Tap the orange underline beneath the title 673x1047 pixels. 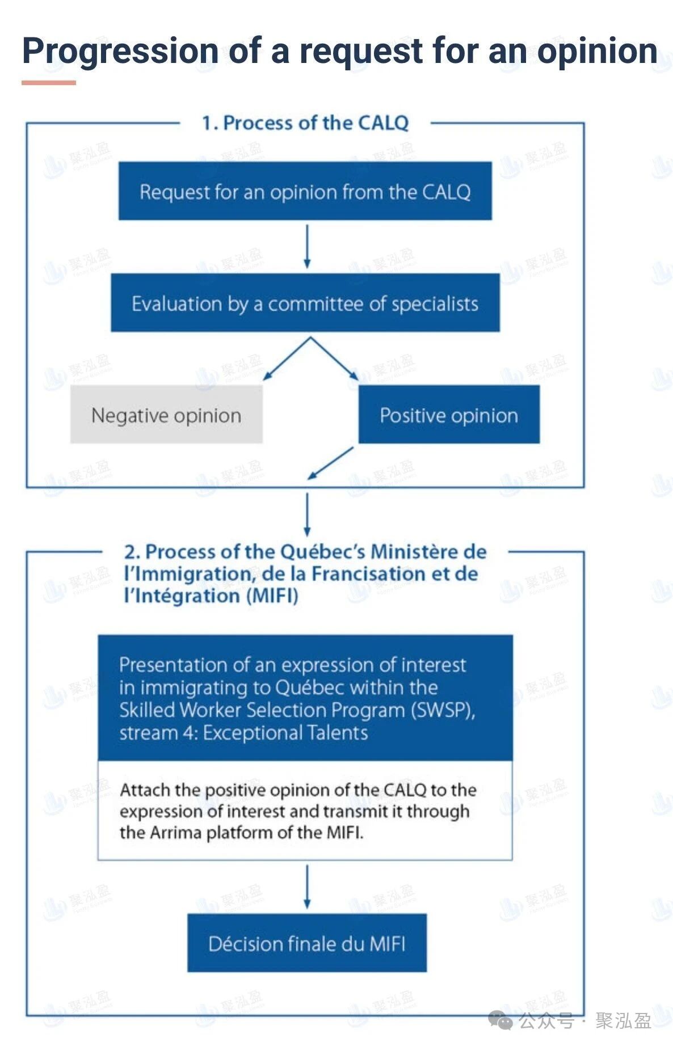click(x=48, y=83)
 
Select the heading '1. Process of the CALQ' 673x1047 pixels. click(x=305, y=123)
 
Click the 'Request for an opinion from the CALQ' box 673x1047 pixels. click(x=305, y=191)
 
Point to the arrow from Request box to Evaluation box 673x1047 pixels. click(x=307, y=246)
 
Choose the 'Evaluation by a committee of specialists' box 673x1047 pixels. click(x=305, y=303)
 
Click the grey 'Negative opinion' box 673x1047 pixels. click(x=166, y=415)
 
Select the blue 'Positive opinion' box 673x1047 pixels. click(x=449, y=415)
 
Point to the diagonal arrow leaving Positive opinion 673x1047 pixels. click(x=330, y=463)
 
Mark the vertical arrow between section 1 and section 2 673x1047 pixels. click(x=307, y=514)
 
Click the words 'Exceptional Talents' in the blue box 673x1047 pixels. click(x=285, y=733)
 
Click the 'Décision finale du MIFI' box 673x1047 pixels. click(x=306, y=943)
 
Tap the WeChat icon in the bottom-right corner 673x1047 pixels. click(x=500, y=1020)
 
